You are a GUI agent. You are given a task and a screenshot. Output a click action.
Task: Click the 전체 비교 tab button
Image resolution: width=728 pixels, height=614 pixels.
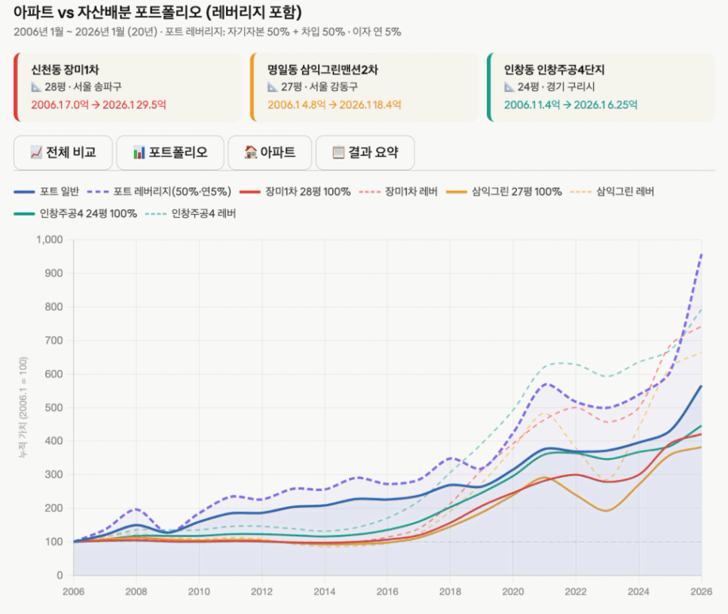pyautogui.click(x=63, y=153)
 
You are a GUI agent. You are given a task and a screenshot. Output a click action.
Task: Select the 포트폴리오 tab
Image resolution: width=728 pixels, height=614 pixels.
pyautogui.click(x=170, y=153)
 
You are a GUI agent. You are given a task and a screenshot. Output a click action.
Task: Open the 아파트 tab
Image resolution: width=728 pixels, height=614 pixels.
pyautogui.click(x=270, y=153)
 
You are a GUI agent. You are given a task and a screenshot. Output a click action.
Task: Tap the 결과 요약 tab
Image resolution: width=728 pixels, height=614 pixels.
pyautogui.click(x=365, y=153)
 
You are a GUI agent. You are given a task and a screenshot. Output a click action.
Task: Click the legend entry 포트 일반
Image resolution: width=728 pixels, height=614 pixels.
pyautogui.click(x=47, y=192)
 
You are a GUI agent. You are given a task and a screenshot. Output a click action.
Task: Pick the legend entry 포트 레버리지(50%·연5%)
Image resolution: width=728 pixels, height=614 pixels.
pyautogui.click(x=159, y=192)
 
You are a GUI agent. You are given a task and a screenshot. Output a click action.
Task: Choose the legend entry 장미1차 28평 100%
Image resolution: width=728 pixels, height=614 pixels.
pyautogui.click(x=295, y=192)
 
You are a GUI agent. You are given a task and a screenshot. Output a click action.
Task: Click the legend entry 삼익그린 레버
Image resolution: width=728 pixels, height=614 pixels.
pyautogui.click(x=612, y=192)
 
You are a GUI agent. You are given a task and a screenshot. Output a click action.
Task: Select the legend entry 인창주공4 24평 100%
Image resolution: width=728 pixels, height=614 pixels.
pyautogui.click(x=75, y=213)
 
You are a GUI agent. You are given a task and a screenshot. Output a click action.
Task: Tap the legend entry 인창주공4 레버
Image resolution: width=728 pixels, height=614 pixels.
pyautogui.click(x=191, y=213)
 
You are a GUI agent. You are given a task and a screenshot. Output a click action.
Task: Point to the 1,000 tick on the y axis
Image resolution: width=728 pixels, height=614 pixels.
pyautogui.click(x=50, y=240)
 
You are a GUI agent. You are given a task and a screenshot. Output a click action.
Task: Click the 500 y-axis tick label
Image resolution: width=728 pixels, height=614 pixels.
pyautogui.click(x=54, y=408)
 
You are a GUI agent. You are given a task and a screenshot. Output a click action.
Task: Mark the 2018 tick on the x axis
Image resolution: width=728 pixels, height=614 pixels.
pyautogui.click(x=450, y=592)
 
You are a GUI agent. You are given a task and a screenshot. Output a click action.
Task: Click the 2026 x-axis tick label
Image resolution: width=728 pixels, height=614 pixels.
pyautogui.click(x=701, y=592)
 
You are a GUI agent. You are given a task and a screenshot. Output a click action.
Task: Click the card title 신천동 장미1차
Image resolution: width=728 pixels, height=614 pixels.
pyautogui.click(x=65, y=70)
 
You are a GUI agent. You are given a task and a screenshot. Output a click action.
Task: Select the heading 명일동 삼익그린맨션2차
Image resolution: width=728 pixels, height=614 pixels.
pyautogui.click(x=323, y=70)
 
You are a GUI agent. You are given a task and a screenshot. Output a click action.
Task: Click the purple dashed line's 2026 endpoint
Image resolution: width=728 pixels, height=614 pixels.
pyautogui.click(x=701, y=254)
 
